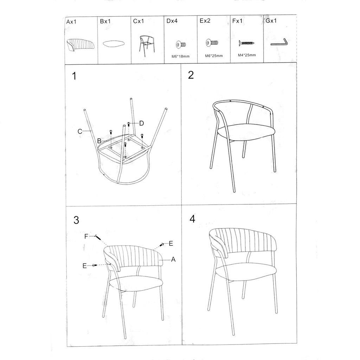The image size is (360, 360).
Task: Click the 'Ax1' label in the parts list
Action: [71, 22]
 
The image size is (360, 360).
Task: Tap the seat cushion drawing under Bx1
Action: [114, 43]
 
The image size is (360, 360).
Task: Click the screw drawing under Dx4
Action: [181, 44]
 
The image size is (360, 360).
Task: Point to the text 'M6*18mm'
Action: [180, 56]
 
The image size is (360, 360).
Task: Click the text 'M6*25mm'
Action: [214, 56]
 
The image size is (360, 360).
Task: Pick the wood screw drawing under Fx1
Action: [247, 43]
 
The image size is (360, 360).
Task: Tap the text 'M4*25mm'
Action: [247, 55]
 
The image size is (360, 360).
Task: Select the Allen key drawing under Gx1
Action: [279, 42]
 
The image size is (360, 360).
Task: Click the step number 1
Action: [74, 76]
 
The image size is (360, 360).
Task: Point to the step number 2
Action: [191, 75]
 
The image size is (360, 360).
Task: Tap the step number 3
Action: [76, 220]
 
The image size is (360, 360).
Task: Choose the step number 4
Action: [192, 219]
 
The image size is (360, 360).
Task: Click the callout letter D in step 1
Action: [142, 123]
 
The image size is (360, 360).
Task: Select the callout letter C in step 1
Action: [80, 131]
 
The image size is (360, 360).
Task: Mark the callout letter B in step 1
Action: [99, 141]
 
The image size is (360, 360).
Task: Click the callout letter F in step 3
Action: [86, 236]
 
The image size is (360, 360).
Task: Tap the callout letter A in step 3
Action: [173, 259]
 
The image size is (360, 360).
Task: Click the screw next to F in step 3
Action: [98, 237]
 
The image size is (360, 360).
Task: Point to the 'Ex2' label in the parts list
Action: [205, 21]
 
